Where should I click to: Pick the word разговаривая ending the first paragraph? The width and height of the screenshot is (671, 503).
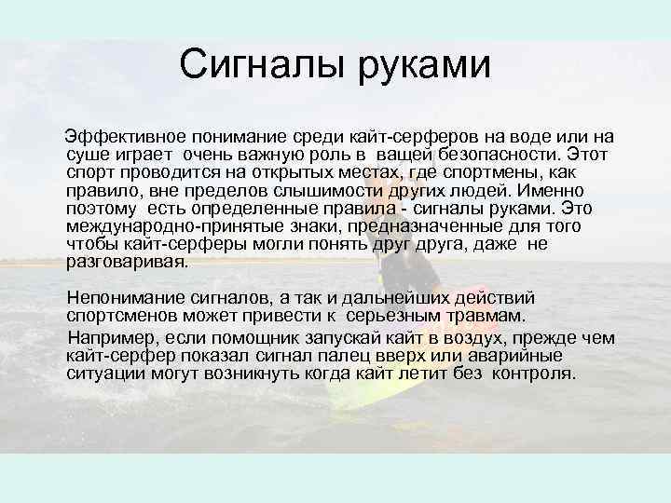(127, 262)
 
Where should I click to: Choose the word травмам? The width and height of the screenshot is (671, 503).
(479, 316)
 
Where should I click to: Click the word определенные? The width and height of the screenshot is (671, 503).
(234, 209)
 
